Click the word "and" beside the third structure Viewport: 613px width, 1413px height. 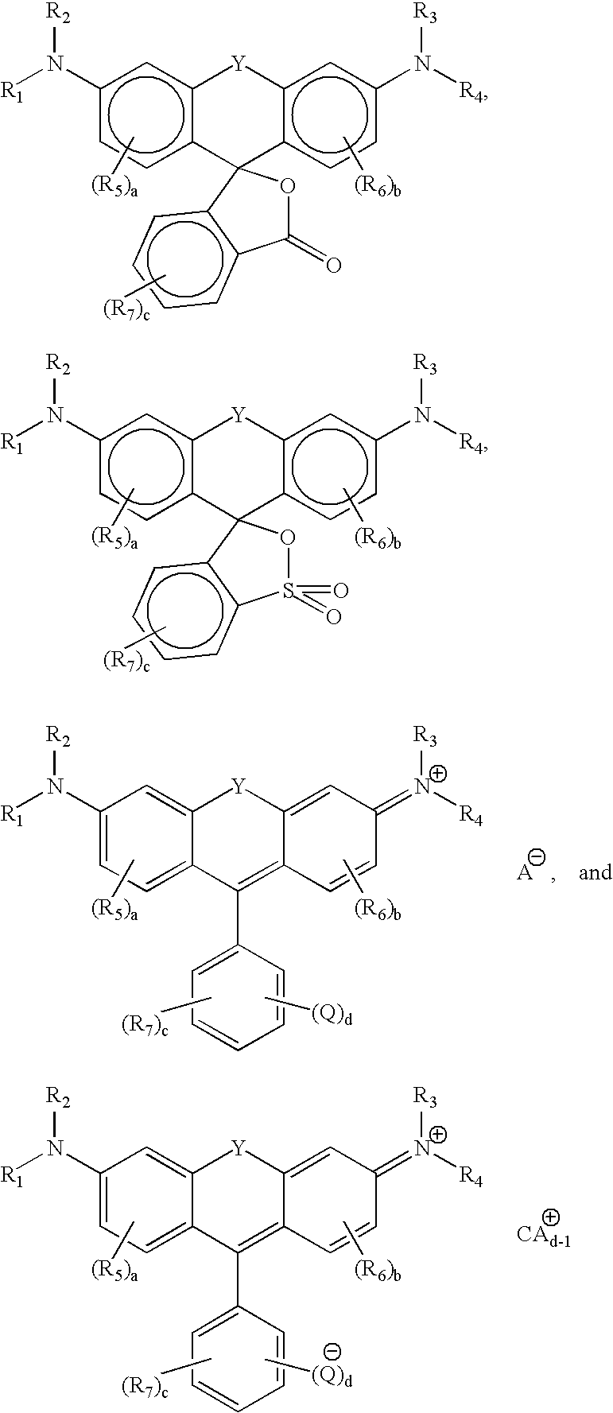pos(595,872)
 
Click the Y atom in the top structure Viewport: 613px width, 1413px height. pos(236,62)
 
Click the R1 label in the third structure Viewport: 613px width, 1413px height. pos(13,814)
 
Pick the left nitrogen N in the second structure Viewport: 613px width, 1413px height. pos(54,414)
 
